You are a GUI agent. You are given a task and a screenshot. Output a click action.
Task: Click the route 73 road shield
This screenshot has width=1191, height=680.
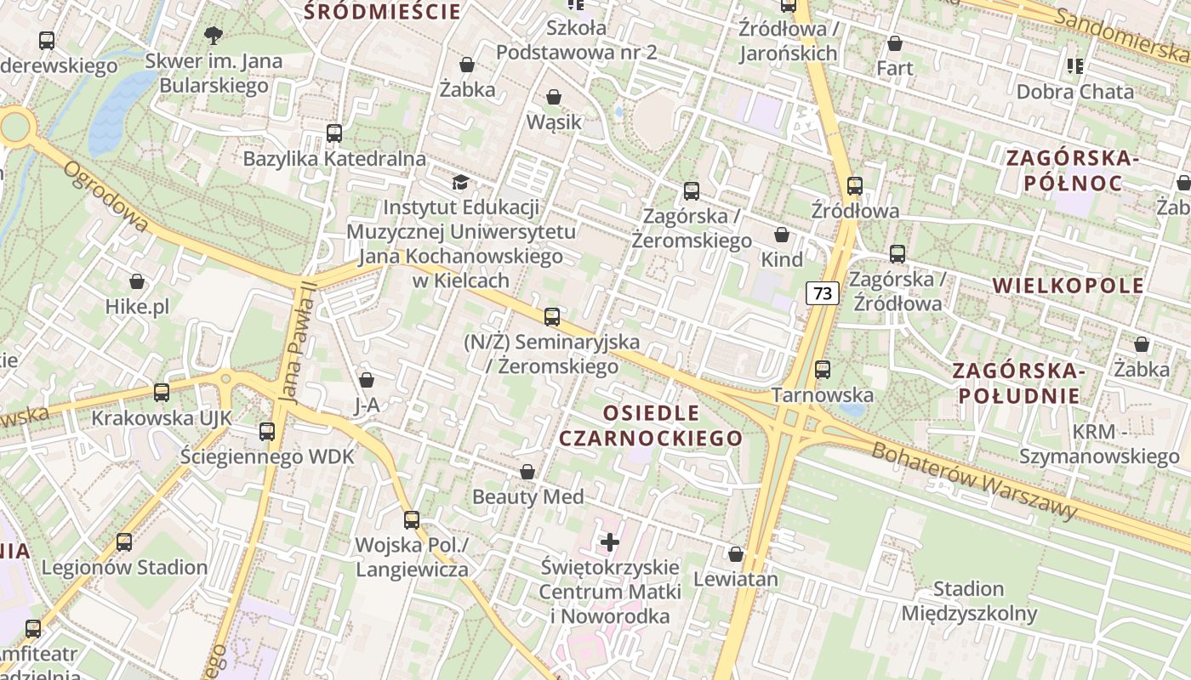[823, 293]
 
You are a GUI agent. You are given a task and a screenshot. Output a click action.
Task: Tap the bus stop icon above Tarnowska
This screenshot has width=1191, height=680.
[822, 369]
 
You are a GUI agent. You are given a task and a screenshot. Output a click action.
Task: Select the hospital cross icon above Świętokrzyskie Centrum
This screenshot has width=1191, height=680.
[610, 541]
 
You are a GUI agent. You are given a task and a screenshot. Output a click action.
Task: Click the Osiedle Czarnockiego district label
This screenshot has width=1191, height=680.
[651, 426]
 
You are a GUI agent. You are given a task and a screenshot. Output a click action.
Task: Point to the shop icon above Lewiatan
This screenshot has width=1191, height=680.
[736, 554]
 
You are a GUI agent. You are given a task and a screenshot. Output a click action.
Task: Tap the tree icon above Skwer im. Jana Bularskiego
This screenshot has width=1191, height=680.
[213, 35]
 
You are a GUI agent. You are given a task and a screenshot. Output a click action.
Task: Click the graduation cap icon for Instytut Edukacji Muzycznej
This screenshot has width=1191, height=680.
[460, 182]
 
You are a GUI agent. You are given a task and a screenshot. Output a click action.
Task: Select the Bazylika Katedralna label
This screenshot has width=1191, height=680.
[334, 159]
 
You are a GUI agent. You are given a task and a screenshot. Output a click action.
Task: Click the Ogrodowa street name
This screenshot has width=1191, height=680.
[105, 196]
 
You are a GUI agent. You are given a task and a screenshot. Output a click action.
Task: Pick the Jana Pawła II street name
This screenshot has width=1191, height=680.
[296, 341]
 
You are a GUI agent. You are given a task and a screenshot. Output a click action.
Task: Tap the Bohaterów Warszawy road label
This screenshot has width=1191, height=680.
[974, 481]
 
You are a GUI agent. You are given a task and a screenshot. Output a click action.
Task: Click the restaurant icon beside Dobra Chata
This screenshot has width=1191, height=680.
[1075, 65]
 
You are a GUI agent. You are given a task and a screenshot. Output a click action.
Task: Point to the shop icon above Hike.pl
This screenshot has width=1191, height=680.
[137, 281]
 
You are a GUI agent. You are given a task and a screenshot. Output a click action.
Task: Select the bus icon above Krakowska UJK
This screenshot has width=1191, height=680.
[162, 392]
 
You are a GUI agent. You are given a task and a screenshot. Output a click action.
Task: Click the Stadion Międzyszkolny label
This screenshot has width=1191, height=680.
[969, 601]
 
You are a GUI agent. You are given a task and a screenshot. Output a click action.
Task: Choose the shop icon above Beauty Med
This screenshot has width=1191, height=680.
[527, 472]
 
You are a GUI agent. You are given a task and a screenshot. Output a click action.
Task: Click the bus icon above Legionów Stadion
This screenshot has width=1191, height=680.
[124, 541]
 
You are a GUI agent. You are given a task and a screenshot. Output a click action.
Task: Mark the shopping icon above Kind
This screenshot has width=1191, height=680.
[782, 235]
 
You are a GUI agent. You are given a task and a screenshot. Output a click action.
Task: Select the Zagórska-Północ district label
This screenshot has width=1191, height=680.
[1072, 170]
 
